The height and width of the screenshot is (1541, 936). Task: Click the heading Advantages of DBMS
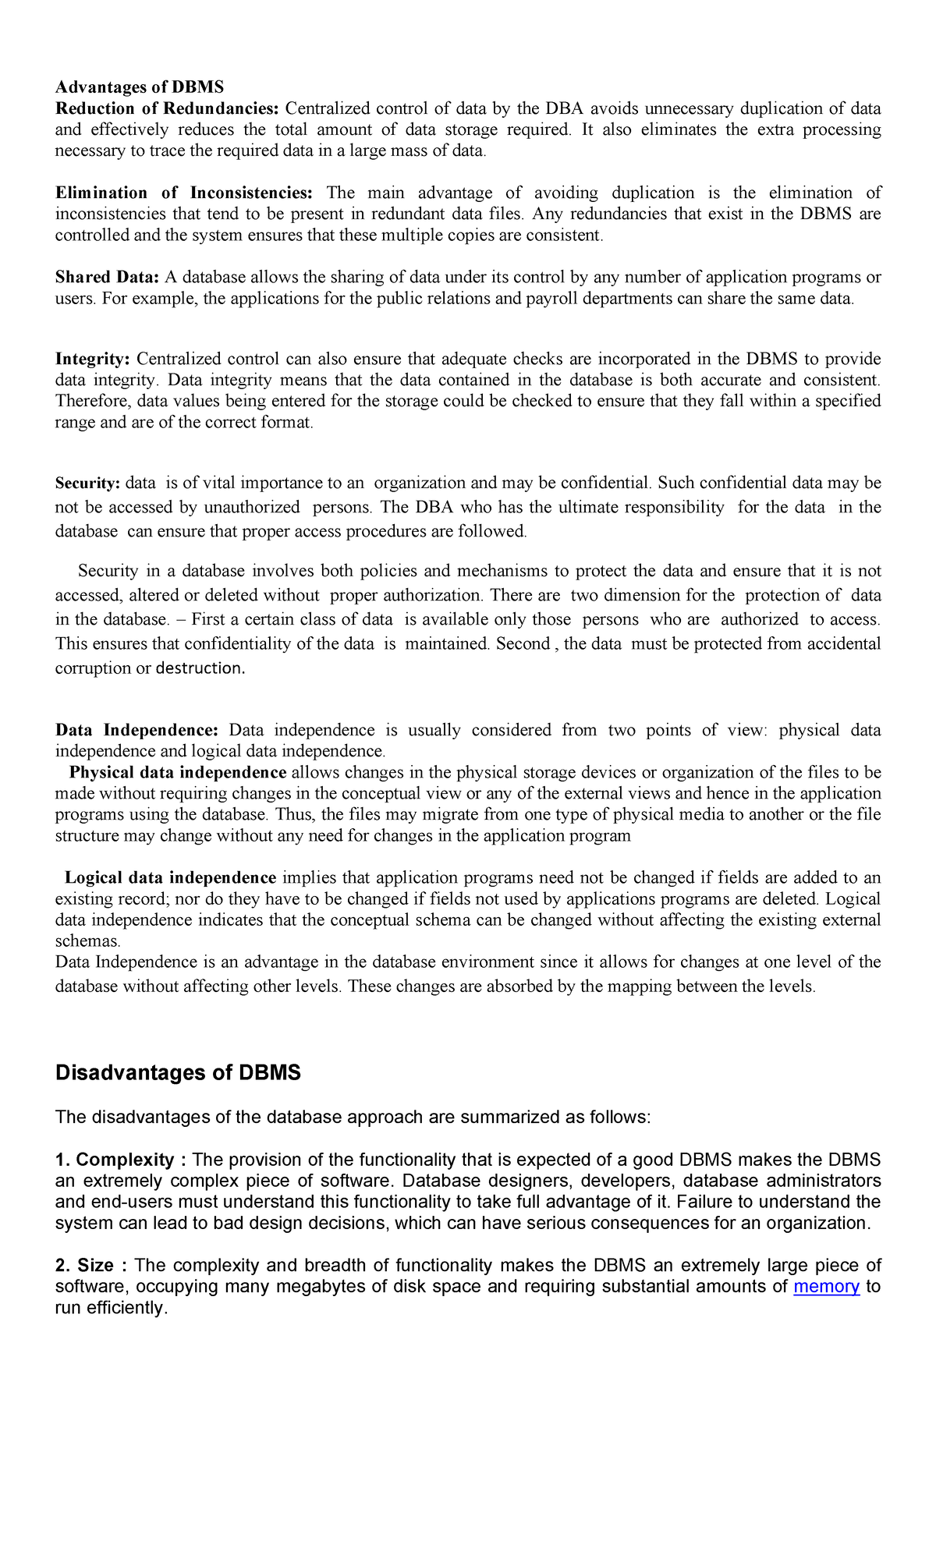(x=139, y=87)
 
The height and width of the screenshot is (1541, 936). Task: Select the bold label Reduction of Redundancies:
(x=167, y=108)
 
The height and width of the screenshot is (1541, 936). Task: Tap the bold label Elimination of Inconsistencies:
(x=184, y=193)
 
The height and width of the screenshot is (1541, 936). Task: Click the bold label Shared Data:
(x=107, y=277)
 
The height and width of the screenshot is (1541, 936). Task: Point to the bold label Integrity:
(x=92, y=359)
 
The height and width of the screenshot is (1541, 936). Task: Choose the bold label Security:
(x=87, y=484)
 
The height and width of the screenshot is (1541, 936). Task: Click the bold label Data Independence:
(x=136, y=730)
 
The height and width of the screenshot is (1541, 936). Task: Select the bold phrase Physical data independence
(x=178, y=772)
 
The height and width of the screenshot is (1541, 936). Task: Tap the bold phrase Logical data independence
(x=170, y=877)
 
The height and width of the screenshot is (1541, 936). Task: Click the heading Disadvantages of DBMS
(x=178, y=1072)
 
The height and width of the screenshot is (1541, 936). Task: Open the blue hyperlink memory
(x=826, y=1286)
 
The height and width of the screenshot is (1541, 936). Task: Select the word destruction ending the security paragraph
(x=200, y=668)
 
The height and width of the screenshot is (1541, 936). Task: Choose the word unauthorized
(x=252, y=507)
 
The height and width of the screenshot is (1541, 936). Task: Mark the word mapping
(x=636, y=986)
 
